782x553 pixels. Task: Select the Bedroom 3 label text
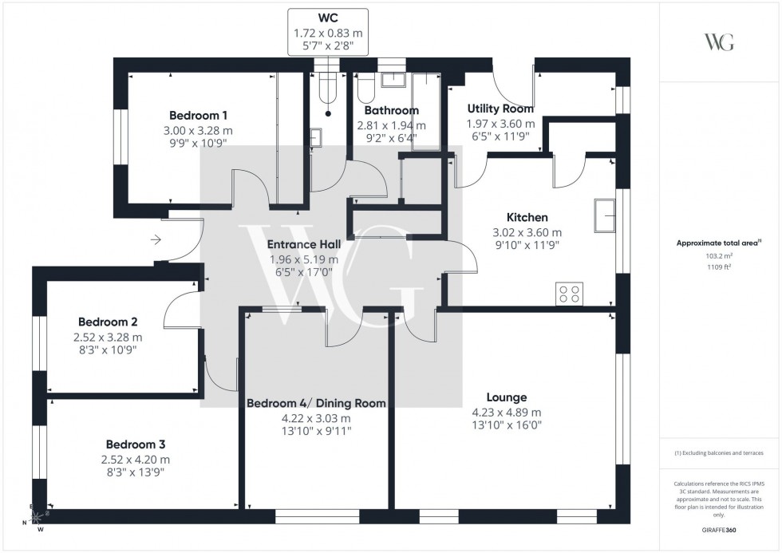pos(136,444)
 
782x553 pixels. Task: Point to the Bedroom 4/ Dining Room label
pos(316,403)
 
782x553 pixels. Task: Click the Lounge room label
pos(507,397)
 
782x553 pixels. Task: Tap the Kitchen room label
pos(527,217)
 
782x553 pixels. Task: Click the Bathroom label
pos(391,110)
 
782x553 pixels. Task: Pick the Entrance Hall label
pos(303,244)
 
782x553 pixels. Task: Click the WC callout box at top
pos(329,32)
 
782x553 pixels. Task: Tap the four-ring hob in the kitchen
pos(569,294)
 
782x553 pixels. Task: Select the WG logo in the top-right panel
pos(719,42)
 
